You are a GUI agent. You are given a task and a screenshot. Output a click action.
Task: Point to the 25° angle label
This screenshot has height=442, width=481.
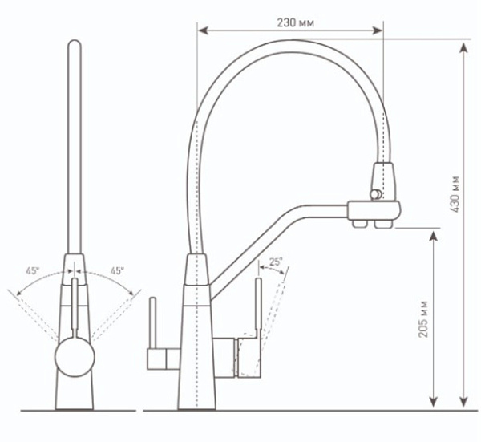click(275, 262)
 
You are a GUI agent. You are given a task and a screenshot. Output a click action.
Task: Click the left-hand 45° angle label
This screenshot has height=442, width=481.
click(32, 271)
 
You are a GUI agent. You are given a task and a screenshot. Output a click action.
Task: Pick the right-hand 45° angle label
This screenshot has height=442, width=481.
click(117, 271)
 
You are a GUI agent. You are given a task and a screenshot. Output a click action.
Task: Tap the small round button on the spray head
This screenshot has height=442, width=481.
click(374, 193)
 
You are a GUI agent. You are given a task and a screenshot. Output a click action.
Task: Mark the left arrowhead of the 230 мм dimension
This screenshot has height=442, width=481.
click(200, 31)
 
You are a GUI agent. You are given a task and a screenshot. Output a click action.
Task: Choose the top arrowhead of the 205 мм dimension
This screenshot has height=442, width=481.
click(434, 232)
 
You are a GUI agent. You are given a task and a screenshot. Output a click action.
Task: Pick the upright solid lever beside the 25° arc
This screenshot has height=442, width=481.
click(258, 309)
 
